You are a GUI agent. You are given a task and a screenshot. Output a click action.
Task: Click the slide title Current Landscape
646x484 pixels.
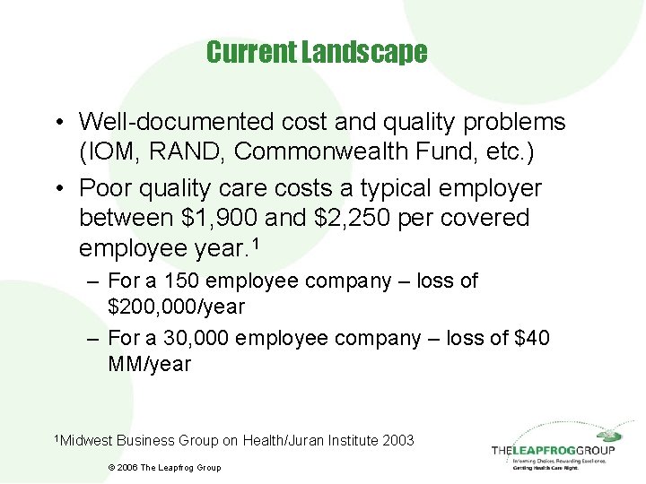[x=317, y=53]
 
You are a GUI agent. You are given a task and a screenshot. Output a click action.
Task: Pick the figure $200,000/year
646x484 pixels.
[x=176, y=307]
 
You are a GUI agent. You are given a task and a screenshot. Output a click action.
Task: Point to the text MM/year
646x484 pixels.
[x=149, y=365]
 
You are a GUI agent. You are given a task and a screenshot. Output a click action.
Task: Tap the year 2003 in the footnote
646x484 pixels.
[x=397, y=440]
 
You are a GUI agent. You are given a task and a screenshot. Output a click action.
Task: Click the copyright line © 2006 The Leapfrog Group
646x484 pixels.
[x=163, y=467]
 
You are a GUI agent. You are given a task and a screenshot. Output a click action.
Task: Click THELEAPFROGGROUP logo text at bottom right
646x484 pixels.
[x=553, y=451]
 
